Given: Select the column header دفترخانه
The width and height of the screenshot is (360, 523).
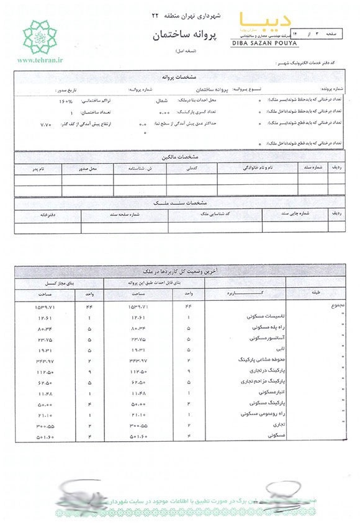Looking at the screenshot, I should (x=37, y=213).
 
